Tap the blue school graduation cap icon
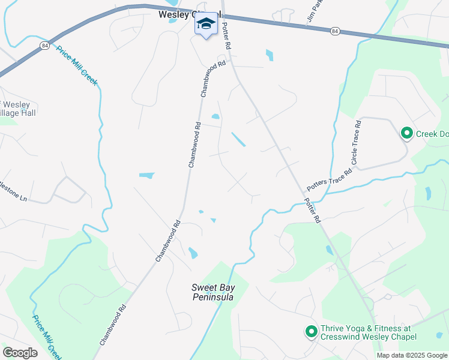[205, 24]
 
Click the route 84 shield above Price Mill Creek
[44, 45]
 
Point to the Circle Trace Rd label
[355, 143]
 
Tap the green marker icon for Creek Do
[406, 133]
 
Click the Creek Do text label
[432, 133]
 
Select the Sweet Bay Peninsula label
[213, 292]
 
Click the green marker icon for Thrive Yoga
[311, 331]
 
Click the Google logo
[20, 352]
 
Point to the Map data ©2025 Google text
[411, 355]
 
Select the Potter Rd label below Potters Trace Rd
[312, 210]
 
